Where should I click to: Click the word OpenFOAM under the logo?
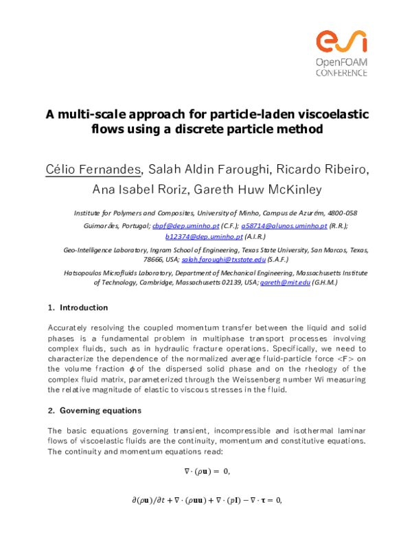click(341, 63)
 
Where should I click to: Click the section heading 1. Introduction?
click(78, 307)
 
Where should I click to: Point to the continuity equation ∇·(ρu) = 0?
click(207, 471)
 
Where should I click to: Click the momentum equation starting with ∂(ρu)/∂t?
click(207, 501)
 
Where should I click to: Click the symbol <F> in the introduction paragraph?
click(341, 359)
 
